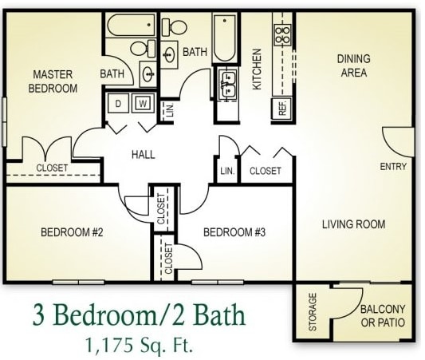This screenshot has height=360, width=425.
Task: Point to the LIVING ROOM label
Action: (x=353, y=224)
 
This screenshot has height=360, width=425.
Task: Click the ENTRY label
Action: (x=394, y=167)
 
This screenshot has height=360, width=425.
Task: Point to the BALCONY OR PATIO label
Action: (x=383, y=316)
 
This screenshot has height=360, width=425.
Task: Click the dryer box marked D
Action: (x=118, y=103)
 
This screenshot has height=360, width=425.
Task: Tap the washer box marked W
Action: (x=144, y=103)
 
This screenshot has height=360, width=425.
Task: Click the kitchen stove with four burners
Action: (x=282, y=34)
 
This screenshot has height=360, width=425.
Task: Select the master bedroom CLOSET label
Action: (x=52, y=168)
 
